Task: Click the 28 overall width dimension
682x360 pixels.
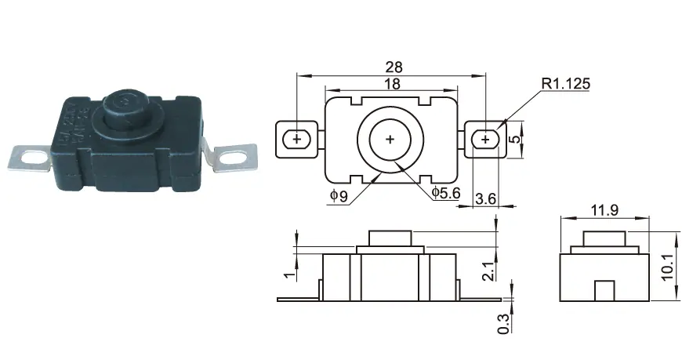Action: (394, 67)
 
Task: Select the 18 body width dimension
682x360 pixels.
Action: (392, 83)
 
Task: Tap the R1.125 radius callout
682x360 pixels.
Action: (566, 83)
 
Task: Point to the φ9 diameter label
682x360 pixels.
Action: (339, 196)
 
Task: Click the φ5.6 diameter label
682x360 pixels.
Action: (446, 192)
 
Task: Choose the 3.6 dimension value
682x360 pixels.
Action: (485, 199)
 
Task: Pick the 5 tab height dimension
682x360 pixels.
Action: (514, 140)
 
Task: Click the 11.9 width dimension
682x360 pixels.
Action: (604, 210)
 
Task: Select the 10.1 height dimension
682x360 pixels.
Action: (669, 267)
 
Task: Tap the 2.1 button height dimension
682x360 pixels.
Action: (488, 271)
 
